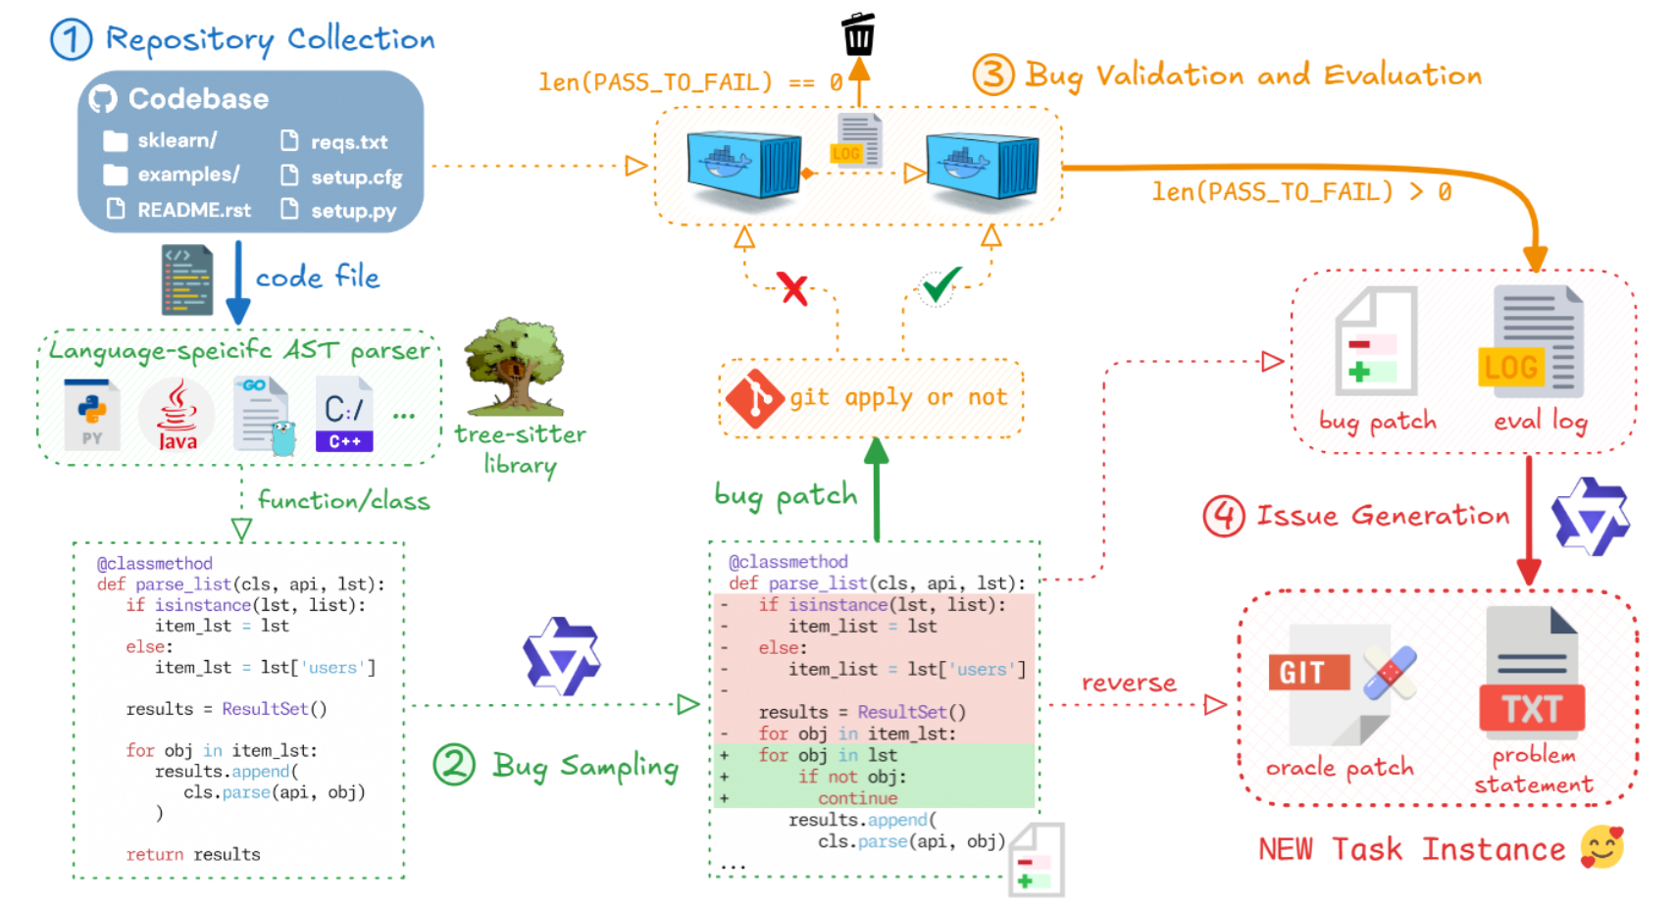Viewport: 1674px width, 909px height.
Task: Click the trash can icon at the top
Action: point(858,35)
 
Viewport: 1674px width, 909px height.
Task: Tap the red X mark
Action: point(792,288)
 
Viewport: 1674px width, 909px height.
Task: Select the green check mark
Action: point(940,284)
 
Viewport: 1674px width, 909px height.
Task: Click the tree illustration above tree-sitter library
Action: point(514,365)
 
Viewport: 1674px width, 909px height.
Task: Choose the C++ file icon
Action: point(344,415)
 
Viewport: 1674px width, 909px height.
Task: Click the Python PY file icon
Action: point(92,414)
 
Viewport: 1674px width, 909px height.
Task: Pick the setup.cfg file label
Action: point(356,177)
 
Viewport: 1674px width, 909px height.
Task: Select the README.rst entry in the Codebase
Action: point(193,210)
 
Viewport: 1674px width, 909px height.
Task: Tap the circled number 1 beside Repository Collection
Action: point(71,40)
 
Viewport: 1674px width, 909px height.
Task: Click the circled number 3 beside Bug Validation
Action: point(992,75)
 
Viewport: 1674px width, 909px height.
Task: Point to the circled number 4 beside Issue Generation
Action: point(1224,516)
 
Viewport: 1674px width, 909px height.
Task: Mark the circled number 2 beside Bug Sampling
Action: point(454,765)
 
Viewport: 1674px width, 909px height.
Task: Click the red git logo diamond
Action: point(754,398)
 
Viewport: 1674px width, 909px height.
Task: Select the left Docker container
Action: point(743,165)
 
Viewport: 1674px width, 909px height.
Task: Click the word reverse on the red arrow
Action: point(1129,683)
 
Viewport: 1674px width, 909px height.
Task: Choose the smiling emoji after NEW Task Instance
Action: point(1601,847)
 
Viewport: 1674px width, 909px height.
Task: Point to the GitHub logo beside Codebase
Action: point(103,99)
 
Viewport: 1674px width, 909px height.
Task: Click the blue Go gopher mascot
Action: point(283,438)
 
